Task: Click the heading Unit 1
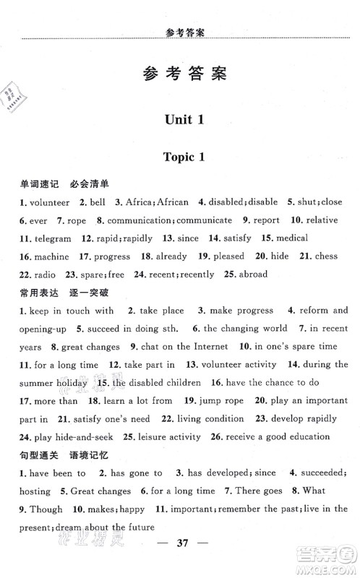(x=179, y=119)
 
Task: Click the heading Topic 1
(x=180, y=158)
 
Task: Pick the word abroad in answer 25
(x=249, y=275)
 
